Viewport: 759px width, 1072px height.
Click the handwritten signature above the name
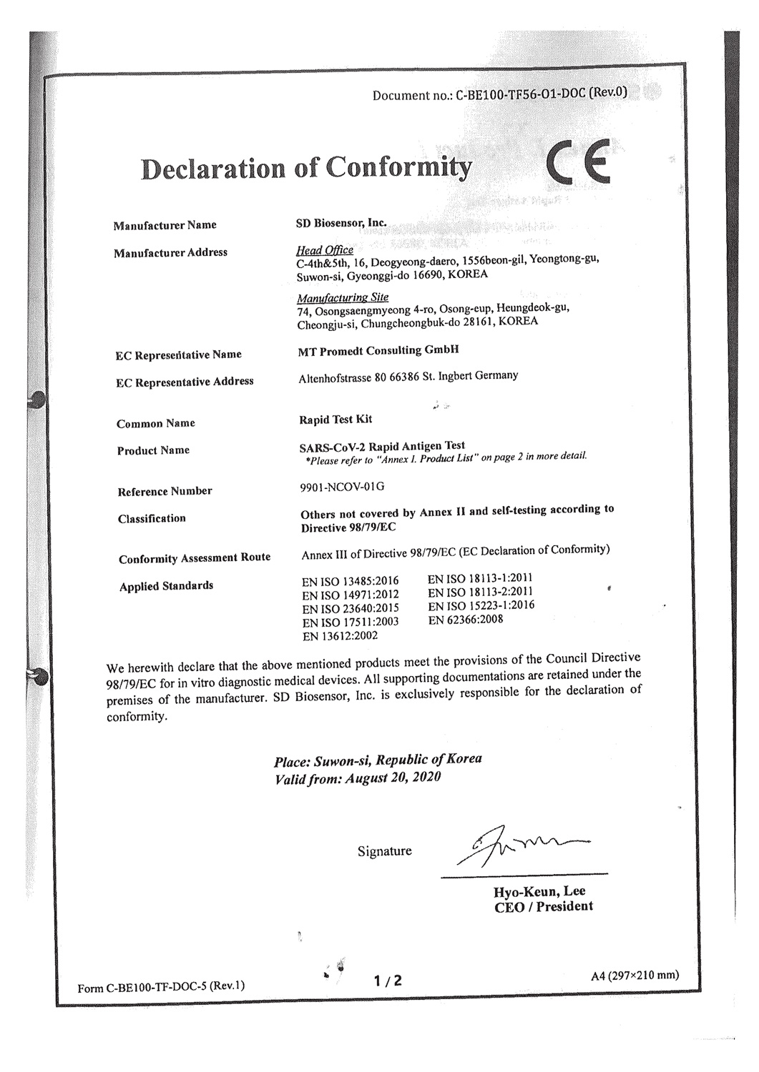pyautogui.click(x=523, y=847)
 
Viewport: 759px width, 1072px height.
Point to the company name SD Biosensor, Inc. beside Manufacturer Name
pyautogui.click(x=341, y=223)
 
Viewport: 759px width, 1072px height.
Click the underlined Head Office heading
pyautogui.click(x=325, y=250)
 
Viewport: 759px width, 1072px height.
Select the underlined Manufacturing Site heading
pyautogui.click(x=343, y=297)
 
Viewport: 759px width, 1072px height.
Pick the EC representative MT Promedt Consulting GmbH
pyautogui.click(x=377, y=350)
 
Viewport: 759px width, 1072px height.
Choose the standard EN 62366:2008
pyautogui.click(x=466, y=620)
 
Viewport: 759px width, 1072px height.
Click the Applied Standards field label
pyautogui.click(x=166, y=586)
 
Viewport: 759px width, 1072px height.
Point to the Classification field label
pyautogui.click(x=151, y=519)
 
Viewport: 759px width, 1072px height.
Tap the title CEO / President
pyautogui.click(x=543, y=906)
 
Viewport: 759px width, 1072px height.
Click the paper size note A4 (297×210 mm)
pyautogui.click(x=635, y=976)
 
